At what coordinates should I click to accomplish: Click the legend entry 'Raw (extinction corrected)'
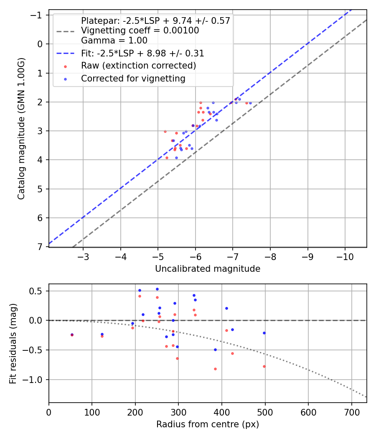point(138,66)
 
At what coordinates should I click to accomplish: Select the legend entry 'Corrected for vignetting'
point(133,78)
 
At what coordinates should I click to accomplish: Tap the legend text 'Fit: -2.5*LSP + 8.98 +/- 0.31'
point(142,54)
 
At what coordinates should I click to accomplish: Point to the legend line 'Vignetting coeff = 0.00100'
point(140,31)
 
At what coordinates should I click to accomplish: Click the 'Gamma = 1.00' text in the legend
point(114,41)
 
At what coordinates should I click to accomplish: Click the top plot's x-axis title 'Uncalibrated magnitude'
point(208,269)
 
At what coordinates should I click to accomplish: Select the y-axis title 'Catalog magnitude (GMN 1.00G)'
point(21,128)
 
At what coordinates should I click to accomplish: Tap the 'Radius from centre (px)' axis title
point(208,424)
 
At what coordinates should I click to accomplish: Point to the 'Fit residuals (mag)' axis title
point(13,343)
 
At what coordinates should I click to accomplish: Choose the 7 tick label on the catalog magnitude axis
point(40,247)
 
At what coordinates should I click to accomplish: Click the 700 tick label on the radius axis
point(351,412)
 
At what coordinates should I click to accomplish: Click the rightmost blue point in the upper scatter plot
point(250,103)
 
